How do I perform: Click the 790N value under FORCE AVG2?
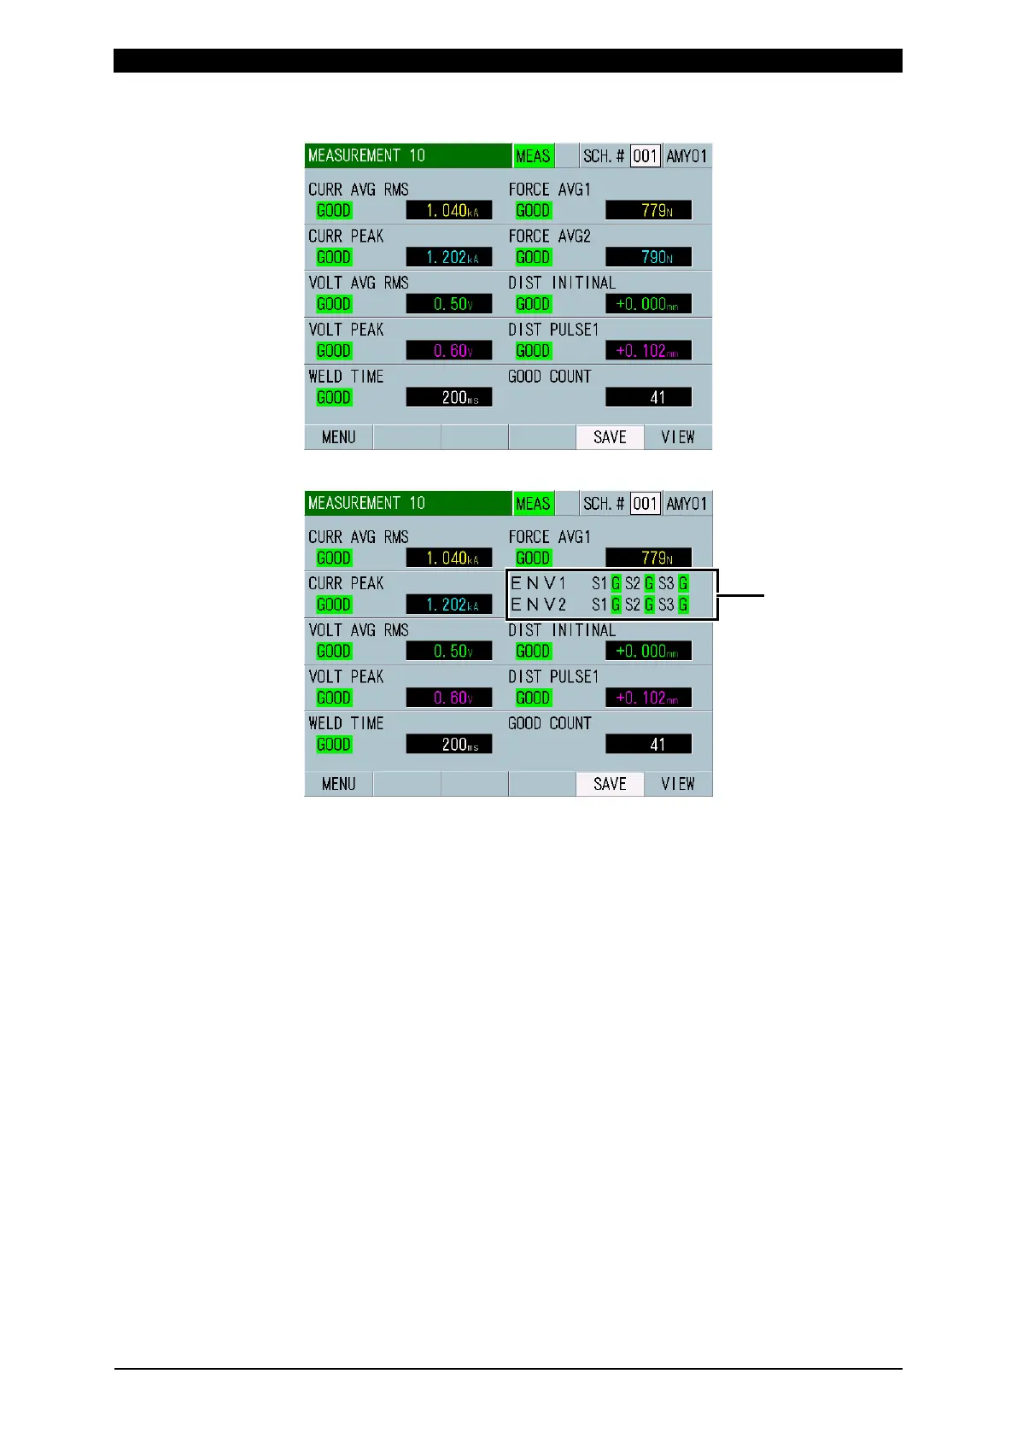[648, 257]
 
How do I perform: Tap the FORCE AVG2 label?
[549, 237]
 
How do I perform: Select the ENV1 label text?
[538, 584]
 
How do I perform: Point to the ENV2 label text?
[538, 605]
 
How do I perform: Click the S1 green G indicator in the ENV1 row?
[616, 584]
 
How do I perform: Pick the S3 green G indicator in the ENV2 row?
[683, 605]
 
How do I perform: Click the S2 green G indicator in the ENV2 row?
[649, 605]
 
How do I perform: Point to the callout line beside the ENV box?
[742, 595]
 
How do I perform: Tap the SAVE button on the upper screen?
[610, 437]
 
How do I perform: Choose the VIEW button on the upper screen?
[678, 437]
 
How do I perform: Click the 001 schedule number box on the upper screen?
[645, 156]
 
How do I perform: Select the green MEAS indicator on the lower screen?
[533, 504]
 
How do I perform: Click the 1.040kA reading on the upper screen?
[449, 211]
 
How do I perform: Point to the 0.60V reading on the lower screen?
[449, 698]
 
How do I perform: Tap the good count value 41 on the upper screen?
[648, 397]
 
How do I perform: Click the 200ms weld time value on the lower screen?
[449, 745]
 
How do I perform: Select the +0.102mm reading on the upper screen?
[648, 351]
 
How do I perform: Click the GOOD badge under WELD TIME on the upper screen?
[334, 397]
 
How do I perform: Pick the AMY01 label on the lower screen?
[687, 504]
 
